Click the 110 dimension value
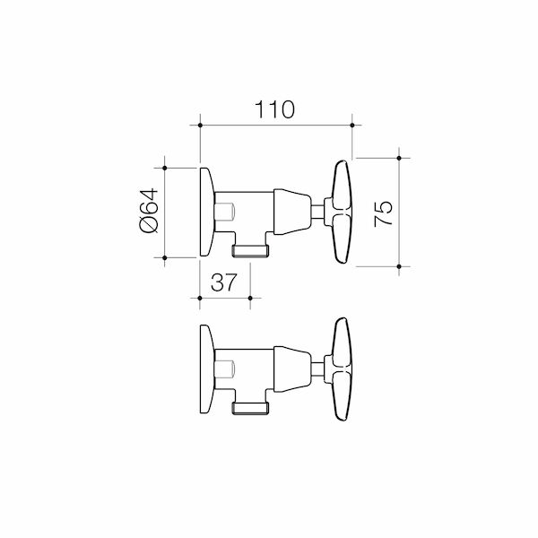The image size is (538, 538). click(275, 110)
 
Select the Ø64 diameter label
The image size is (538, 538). click(149, 213)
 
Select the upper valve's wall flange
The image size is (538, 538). click(206, 213)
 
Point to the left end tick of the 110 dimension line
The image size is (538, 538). click(199, 124)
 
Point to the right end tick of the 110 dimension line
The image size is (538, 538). click(351, 124)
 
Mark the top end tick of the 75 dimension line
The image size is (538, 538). click(398, 158)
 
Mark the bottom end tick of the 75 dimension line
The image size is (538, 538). click(398, 266)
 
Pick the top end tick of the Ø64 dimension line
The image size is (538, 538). click(166, 167)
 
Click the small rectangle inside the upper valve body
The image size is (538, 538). click(228, 213)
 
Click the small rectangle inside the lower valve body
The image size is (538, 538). click(228, 369)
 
